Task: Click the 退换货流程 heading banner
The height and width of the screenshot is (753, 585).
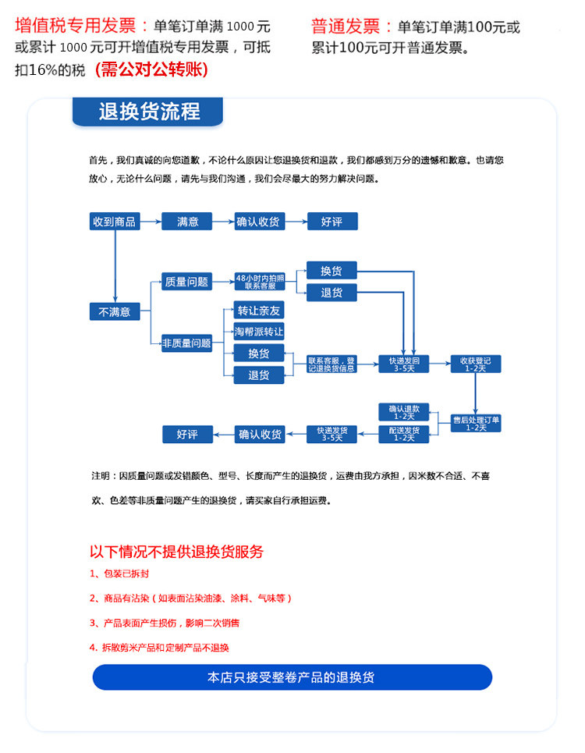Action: (148, 111)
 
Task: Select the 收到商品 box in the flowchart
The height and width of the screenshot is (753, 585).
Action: (115, 222)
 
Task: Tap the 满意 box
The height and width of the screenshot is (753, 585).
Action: (188, 222)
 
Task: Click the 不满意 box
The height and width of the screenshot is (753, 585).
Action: (115, 312)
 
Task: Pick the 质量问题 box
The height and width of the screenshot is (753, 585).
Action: (187, 282)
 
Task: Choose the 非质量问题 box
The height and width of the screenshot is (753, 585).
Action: (187, 343)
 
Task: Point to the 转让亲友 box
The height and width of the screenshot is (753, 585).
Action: (259, 311)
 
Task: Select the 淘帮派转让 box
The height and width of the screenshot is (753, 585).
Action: (259, 332)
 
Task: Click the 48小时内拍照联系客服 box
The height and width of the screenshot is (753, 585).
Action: (260, 282)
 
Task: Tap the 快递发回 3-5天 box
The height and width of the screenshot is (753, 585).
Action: (404, 364)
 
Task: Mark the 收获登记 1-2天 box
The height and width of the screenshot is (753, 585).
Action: (476, 364)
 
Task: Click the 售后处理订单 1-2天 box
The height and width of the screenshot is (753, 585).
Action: (476, 423)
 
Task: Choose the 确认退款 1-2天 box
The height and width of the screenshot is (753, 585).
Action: (404, 412)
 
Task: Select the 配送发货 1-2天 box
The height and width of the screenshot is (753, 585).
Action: (404, 434)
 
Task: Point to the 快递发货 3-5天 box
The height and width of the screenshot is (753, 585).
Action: (331, 434)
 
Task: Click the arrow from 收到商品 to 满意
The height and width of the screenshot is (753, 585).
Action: (150, 222)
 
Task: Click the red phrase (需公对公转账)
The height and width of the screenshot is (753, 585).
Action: (151, 69)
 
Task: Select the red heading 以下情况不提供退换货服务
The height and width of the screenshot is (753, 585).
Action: (177, 552)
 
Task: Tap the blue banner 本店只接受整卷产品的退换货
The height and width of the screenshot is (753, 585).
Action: (292, 677)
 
